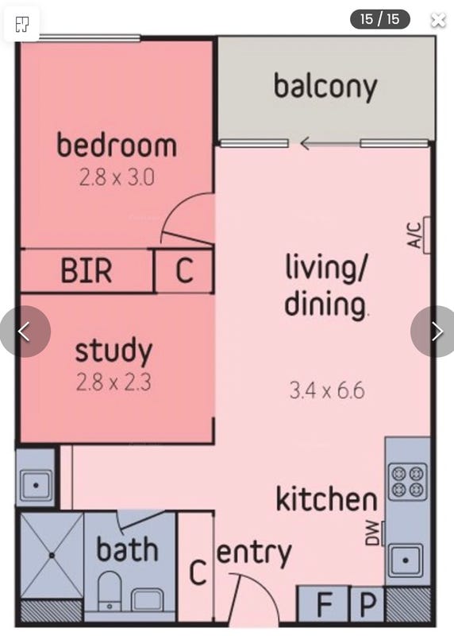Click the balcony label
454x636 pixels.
pos(325,87)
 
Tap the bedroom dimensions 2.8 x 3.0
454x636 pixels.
pos(117,177)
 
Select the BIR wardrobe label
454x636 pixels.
pos(87,270)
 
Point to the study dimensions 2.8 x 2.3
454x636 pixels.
pos(113,382)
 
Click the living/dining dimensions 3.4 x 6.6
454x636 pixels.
pos(327,390)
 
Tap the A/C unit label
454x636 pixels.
pos(414,235)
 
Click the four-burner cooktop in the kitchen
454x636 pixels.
pos(407,481)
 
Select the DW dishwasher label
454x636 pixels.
pos(373,533)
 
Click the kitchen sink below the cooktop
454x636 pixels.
pos(406,560)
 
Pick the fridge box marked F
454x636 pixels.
pos(324,604)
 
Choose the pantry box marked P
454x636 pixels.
pos(367,604)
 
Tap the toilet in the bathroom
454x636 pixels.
pos(110,590)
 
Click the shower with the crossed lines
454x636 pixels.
pos(52,556)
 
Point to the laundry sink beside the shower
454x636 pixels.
pos(37,485)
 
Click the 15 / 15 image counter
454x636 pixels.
pos(380,19)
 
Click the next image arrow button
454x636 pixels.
pos(436,332)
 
